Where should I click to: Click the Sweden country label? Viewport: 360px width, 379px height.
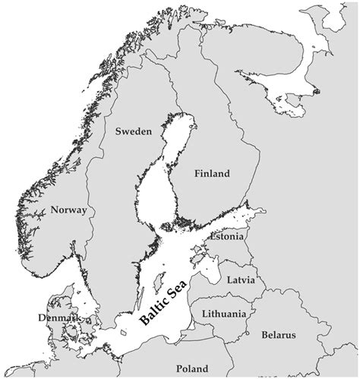[x=134, y=131]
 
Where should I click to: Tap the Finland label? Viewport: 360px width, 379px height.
[x=211, y=174]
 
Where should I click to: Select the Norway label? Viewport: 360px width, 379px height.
[x=68, y=210]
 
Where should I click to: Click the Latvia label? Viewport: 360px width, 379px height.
[x=245, y=280]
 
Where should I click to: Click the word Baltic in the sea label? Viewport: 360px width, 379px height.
[x=151, y=312]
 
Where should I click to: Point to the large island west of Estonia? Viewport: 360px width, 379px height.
[x=199, y=254]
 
